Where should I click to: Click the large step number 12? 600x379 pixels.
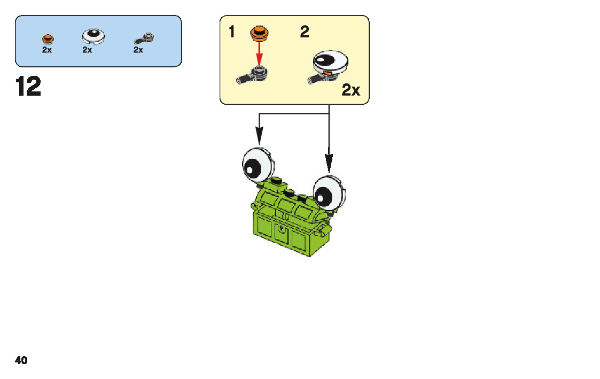28,87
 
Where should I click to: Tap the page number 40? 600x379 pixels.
21,360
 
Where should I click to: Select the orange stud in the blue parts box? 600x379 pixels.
48,38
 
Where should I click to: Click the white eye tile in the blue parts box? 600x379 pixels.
93,36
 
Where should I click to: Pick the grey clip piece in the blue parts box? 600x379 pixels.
145,37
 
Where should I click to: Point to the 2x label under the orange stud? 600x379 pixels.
47,50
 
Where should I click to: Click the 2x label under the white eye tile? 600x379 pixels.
87,50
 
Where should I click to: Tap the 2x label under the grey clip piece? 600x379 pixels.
138,50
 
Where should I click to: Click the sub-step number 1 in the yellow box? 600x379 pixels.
231,33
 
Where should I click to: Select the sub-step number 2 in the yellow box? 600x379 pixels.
304,33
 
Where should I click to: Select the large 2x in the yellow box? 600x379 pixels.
350,90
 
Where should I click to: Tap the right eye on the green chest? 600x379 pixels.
329,192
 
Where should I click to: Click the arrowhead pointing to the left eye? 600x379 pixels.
259,138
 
